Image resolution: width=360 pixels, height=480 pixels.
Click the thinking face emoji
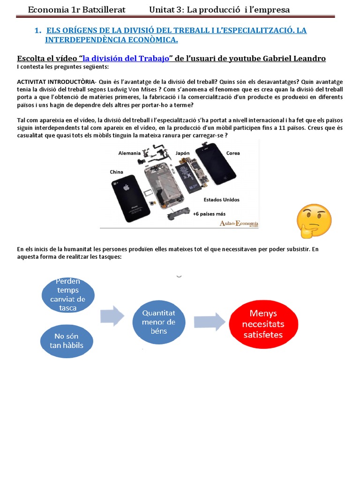(x=314, y=221)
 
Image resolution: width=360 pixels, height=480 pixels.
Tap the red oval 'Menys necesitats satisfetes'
(x=266, y=324)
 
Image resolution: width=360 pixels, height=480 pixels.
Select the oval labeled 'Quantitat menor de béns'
(x=158, y=322)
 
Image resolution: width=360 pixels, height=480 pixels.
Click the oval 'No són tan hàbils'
(x=67, y=341)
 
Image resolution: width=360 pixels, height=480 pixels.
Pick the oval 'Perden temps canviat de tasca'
(x=68, y=295)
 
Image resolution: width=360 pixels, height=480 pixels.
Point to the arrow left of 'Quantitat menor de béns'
(x=113, y=315)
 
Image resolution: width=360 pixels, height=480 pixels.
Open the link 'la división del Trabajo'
(x=126, y=58)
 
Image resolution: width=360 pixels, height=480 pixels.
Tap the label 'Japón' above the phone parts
(x=182, y=153)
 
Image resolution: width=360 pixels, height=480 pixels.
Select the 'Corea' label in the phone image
(x=233, y=153)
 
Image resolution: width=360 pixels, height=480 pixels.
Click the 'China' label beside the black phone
(x=117, y=172)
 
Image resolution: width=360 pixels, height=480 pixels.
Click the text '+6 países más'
(x=209, y=214)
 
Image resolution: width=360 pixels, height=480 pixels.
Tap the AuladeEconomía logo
(x=239, y=223)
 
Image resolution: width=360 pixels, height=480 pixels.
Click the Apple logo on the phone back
(x=126, y=187)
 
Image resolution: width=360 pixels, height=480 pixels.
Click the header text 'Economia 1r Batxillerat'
(x=70, y=9)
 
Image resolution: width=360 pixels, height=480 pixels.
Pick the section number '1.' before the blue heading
(x=38, y=30)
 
